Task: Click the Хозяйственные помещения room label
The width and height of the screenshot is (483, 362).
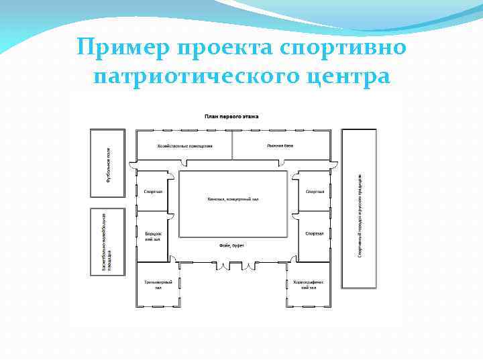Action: point(184,145)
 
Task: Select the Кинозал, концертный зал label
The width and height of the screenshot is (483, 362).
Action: point(232,200)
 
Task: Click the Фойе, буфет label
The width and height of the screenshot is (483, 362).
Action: point(231,246)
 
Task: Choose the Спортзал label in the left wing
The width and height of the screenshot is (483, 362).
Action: point(154,192)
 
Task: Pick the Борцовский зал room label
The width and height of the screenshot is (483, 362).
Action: point(153,236)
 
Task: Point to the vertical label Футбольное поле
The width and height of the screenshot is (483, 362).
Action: point(107,163)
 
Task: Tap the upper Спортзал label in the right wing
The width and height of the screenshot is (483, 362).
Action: point(315,192)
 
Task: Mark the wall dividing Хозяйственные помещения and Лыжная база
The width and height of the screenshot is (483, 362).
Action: point(232,145)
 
